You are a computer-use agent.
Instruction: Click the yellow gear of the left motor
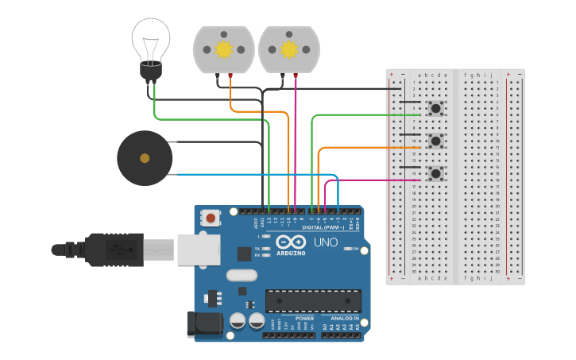point(223,49)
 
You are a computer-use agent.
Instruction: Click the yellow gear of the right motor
point(289,49)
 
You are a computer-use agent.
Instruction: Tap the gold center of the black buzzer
point(145,158)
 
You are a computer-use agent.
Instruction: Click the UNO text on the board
point(326,242)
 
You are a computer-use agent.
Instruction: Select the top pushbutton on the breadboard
point(435,108)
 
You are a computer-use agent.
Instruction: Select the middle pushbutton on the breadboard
point(435,141)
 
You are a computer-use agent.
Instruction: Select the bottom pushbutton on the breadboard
point(435,173)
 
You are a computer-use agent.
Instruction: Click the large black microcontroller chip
point(313,301)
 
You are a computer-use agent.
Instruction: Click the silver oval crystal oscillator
point(242,276)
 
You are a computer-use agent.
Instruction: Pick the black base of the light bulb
point(150,72)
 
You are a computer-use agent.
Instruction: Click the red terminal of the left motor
point(230,75)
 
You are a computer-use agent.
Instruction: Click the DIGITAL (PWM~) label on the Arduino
point(323,227)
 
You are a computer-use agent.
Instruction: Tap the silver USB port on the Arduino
point(198,249)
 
